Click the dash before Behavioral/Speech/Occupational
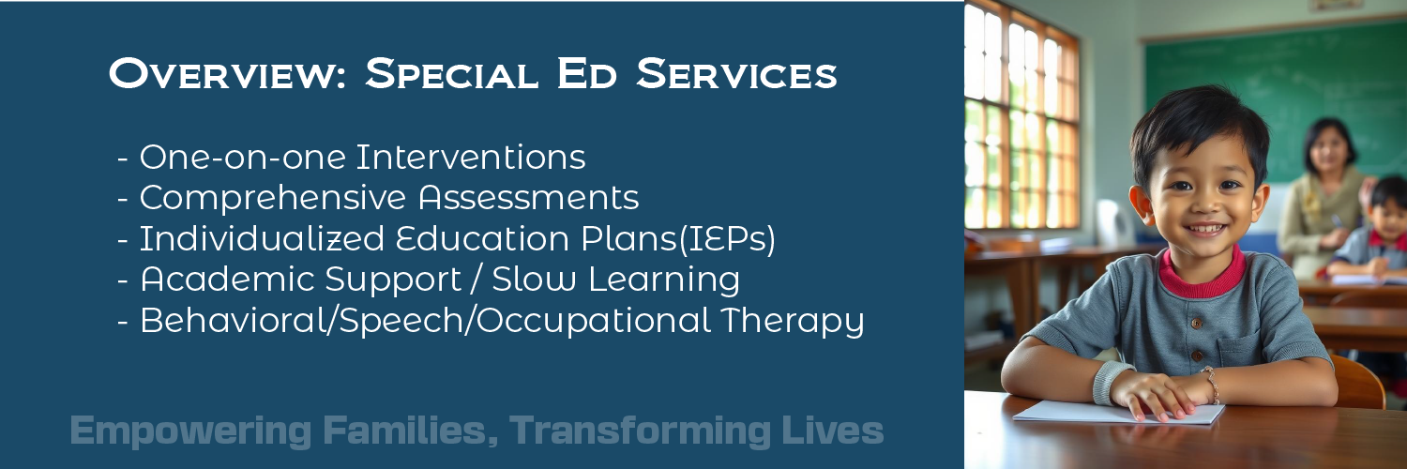coord(123,322)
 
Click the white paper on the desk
coord(1116,413)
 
